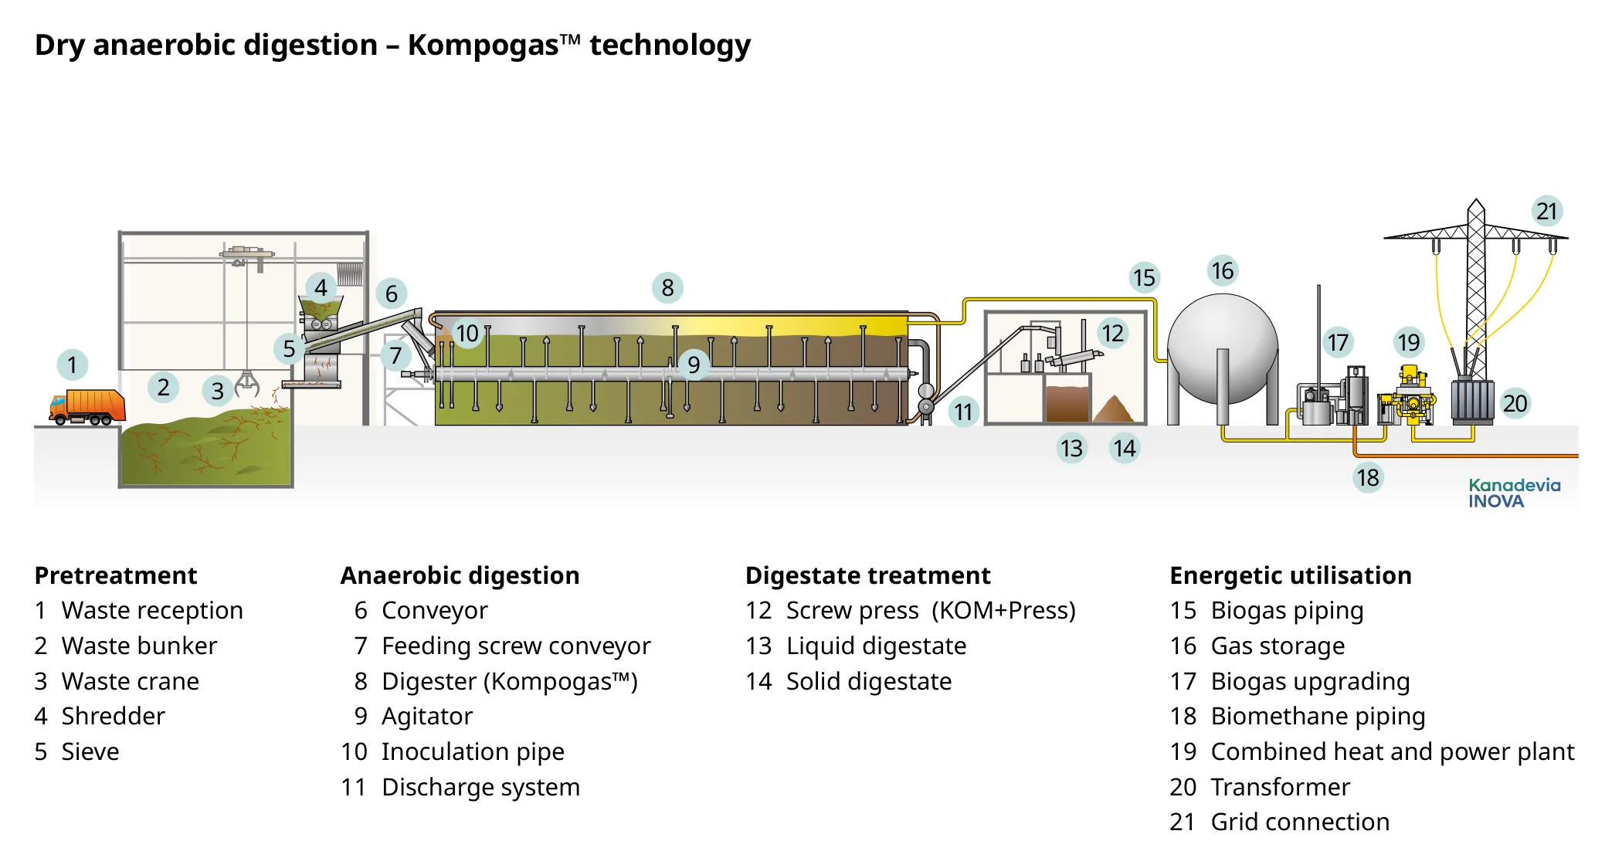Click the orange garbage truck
pos(87,407)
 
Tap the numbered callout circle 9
pos(694,364)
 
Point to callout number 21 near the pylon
pos(1546,211)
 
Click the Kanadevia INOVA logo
pos(1514,493)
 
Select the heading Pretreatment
pos(116,575)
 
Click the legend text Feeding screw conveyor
pos(515,646)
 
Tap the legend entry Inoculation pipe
pos(472,751)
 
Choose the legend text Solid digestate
pos(868,681)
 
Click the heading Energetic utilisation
pos(1290,575)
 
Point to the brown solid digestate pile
pos(1113,409)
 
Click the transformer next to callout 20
pos(1472,399)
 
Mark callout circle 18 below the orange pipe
pos(1367,477)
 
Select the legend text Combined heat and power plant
pos(1392,751)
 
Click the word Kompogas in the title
pos(483,45)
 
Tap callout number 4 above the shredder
pos(321,288)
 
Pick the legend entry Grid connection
pos(1299,822)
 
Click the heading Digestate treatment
pos(867,575)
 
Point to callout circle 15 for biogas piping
pos(1144,277)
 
